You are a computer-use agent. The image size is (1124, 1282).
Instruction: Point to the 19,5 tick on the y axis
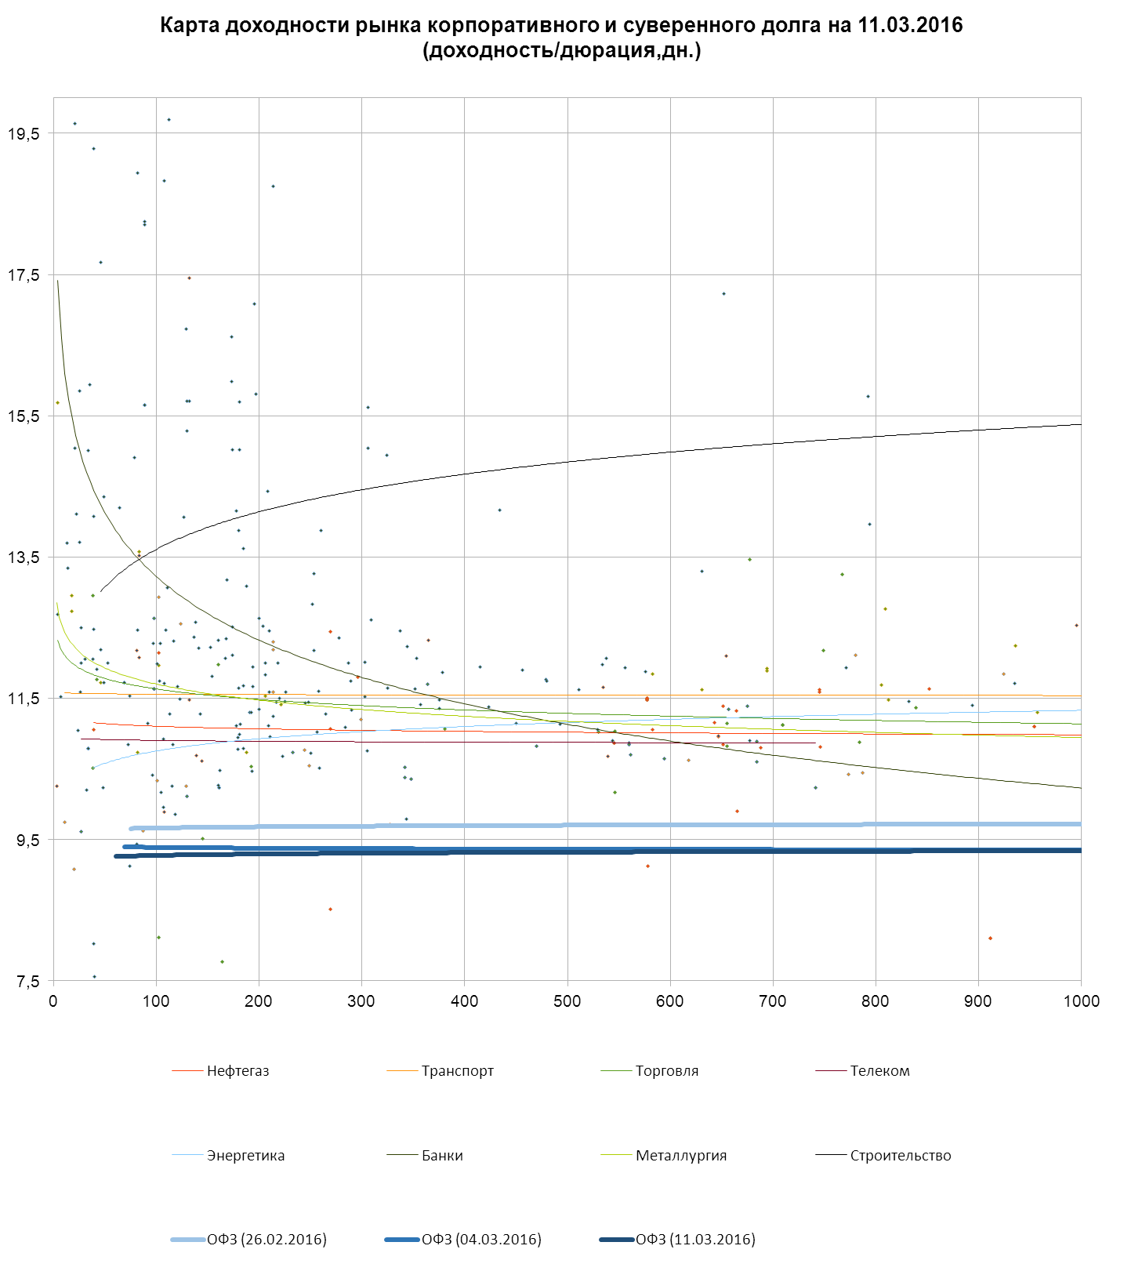point(24,134)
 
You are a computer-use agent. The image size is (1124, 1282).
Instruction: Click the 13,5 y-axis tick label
point(24,557)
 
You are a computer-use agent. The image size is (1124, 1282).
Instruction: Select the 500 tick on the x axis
point(567,1001)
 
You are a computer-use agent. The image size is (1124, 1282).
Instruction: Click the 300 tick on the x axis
point(361,1001)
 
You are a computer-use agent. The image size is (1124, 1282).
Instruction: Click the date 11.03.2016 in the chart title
point(910,25)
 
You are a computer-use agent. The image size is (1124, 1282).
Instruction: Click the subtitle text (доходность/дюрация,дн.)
point(561,51)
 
